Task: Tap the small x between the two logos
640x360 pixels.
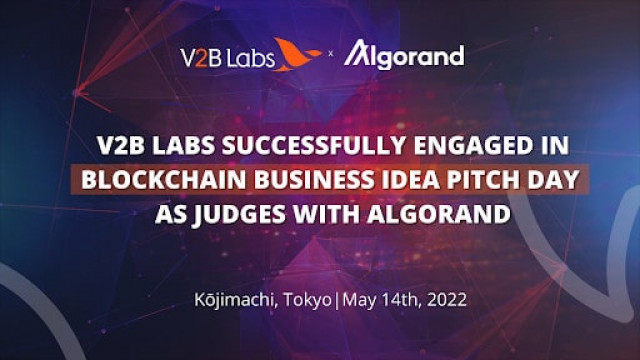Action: pos(331,58)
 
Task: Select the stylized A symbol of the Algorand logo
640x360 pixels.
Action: pos(358,55)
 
